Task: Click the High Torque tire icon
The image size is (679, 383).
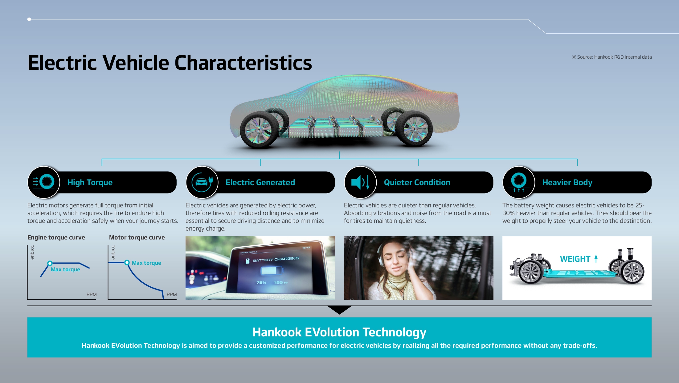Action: [x=44, y=182]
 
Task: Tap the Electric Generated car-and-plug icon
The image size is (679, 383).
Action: [x=202, y=182]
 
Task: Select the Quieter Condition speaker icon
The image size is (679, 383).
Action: [x=360, y=182]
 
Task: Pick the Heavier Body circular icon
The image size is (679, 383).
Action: [x=519, y=182]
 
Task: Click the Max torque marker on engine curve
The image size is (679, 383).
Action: [x=50, y=263]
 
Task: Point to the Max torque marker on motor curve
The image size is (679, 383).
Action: [x=127, y=263]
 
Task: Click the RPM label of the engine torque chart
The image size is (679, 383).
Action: [x=92, y=295]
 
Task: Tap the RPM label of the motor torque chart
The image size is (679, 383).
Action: [x=172, y=295]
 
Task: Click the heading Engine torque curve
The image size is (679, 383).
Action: [x=56, y=237]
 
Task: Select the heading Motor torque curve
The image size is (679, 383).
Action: [x=137, y=237]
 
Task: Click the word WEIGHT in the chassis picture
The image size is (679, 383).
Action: [x=575, y=259]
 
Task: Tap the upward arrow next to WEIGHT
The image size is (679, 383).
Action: [x=596, y=259]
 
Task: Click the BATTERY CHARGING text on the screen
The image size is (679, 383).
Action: [x=276, y=259]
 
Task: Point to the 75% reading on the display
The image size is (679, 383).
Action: [x=261, y=283]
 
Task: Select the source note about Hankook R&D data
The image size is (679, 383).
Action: [x=612, y=57]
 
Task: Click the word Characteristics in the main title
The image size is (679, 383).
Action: [x=243, y=63]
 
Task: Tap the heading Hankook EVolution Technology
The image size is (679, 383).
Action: [x=339, y=332]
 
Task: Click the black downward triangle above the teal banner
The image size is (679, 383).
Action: [x=339, y=309]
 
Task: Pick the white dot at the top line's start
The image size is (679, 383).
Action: [x=29, y=19]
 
